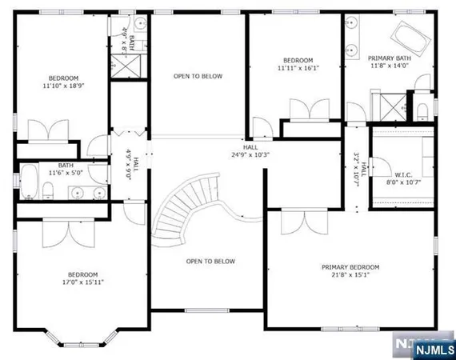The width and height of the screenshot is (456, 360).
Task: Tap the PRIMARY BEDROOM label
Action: click(350, 267)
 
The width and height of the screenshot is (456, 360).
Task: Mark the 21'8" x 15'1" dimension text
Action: click(350, 276)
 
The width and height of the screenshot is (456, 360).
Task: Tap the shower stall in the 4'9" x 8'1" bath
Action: click(126, 65)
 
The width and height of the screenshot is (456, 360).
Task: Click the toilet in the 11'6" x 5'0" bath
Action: click(48, 189)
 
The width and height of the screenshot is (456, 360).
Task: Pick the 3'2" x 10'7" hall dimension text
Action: click(358, 168)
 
